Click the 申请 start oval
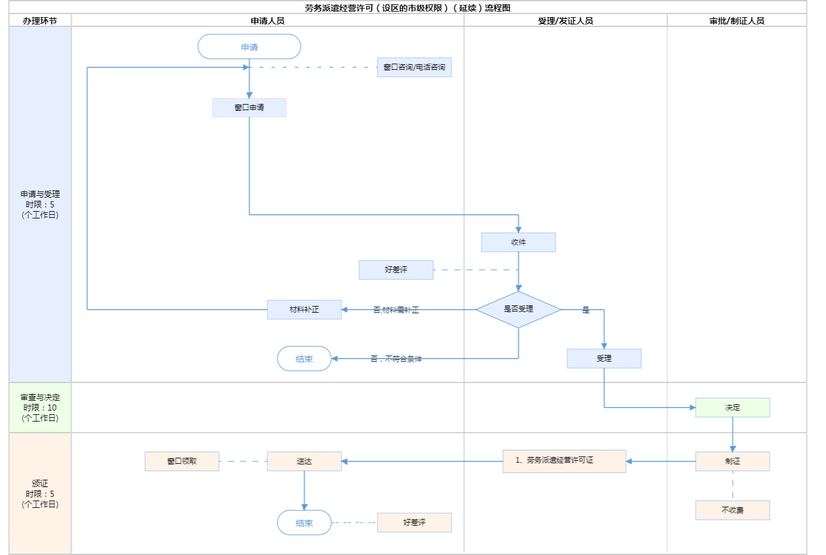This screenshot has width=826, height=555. tap(249, 47)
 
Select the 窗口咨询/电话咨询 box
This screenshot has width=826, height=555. tap(414, 67)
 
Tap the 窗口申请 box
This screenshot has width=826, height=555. tap(249, 108)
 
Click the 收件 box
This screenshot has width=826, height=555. tap(518, 242)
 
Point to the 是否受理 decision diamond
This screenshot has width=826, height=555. tap(518, 310)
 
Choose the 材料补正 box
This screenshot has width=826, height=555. tap(304, 310)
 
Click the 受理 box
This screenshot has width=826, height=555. tap(604, 359)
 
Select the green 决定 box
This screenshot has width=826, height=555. tap(732, 408)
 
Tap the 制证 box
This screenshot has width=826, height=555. tap(732, 461)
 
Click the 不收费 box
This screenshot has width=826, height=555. tap(732, 510)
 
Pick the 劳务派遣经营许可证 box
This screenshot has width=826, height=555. tap(564, 461)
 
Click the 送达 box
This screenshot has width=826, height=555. tap(304, 461)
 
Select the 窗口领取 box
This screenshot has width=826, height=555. tap(182, 461)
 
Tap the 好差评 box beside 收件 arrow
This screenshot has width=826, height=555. tap(396, 270)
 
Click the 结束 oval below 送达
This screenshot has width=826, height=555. tap(304, 523)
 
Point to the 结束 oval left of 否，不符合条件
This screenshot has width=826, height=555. tap(304, 359)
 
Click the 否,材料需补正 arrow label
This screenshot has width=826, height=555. tap(396, 310)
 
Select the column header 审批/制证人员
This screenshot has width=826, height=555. tap(737, 21)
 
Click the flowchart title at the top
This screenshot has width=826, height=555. tap(407, 8)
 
